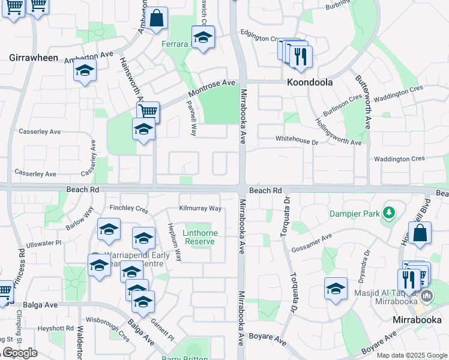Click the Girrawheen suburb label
click(34, 58)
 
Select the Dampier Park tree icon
click(389, 212)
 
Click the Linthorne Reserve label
click(200, 236)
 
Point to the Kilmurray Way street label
click(200, 209)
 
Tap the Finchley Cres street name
click(128, 209)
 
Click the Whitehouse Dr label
click(297, 139)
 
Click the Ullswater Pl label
click(43, 244)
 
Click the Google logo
click(20, 353)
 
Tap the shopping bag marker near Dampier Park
click(420, 234)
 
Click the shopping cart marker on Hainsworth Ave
click(148, 112)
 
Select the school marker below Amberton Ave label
click(85, 71)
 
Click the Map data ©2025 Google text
click(412, 355)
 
